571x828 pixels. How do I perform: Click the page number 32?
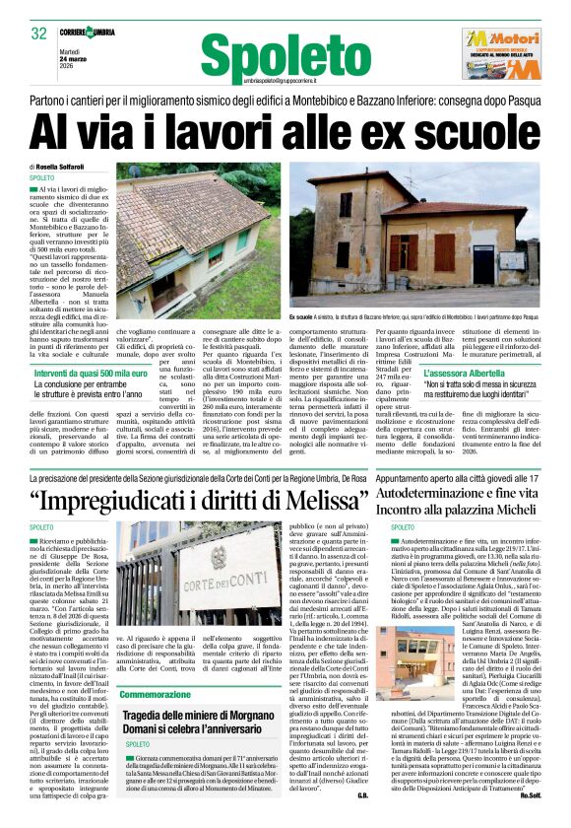click(39, 33)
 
